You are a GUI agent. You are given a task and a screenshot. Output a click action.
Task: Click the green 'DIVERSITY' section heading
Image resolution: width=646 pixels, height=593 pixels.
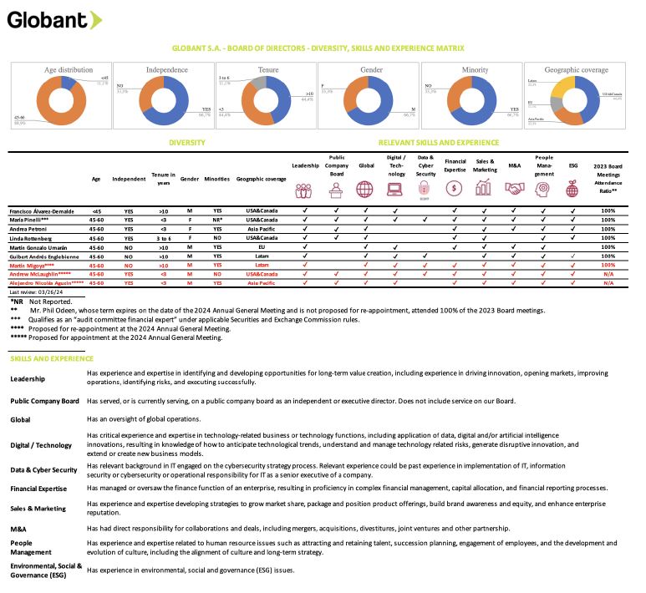point(187,143)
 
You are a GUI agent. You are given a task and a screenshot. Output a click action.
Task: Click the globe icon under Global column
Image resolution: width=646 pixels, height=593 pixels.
point(365,190)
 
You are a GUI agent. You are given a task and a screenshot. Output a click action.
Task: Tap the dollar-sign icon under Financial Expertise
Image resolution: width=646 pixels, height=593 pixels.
point(455,190)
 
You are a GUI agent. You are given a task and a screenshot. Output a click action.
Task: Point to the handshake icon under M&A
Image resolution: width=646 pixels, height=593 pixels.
point(514,190)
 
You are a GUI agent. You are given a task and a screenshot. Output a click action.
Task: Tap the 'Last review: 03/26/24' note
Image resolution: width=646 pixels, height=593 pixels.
point(35,293)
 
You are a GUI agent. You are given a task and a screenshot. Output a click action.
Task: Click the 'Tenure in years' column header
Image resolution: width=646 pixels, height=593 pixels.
point(162,178)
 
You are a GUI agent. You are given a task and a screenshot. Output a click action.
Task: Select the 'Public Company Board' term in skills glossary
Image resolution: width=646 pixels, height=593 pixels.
point(44,401)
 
